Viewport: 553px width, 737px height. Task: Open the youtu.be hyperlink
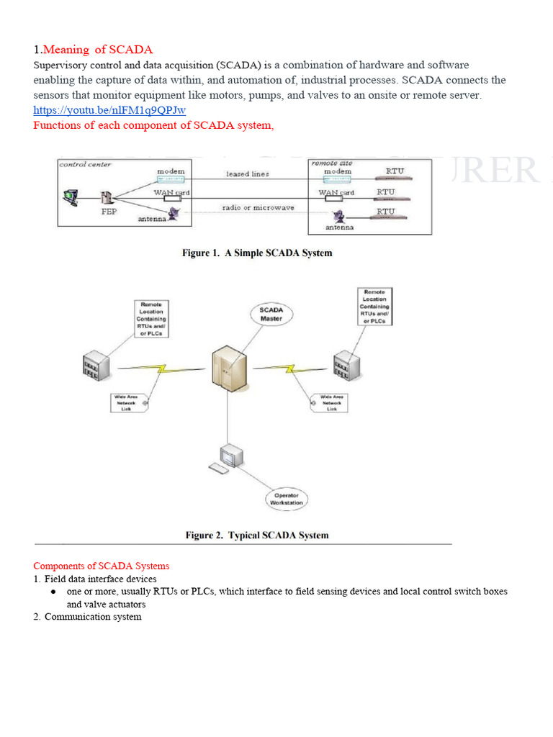[109, 110]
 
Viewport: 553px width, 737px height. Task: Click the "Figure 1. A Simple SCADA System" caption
[256, 253]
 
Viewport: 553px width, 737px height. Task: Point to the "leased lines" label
[247, 174]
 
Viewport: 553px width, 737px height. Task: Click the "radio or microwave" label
[247, 209]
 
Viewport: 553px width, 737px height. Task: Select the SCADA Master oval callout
[271, 314]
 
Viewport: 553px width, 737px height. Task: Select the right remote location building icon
[346, 365]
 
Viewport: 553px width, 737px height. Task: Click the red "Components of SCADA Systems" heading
[102, 566]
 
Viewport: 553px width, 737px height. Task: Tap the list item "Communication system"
[93, 617]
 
